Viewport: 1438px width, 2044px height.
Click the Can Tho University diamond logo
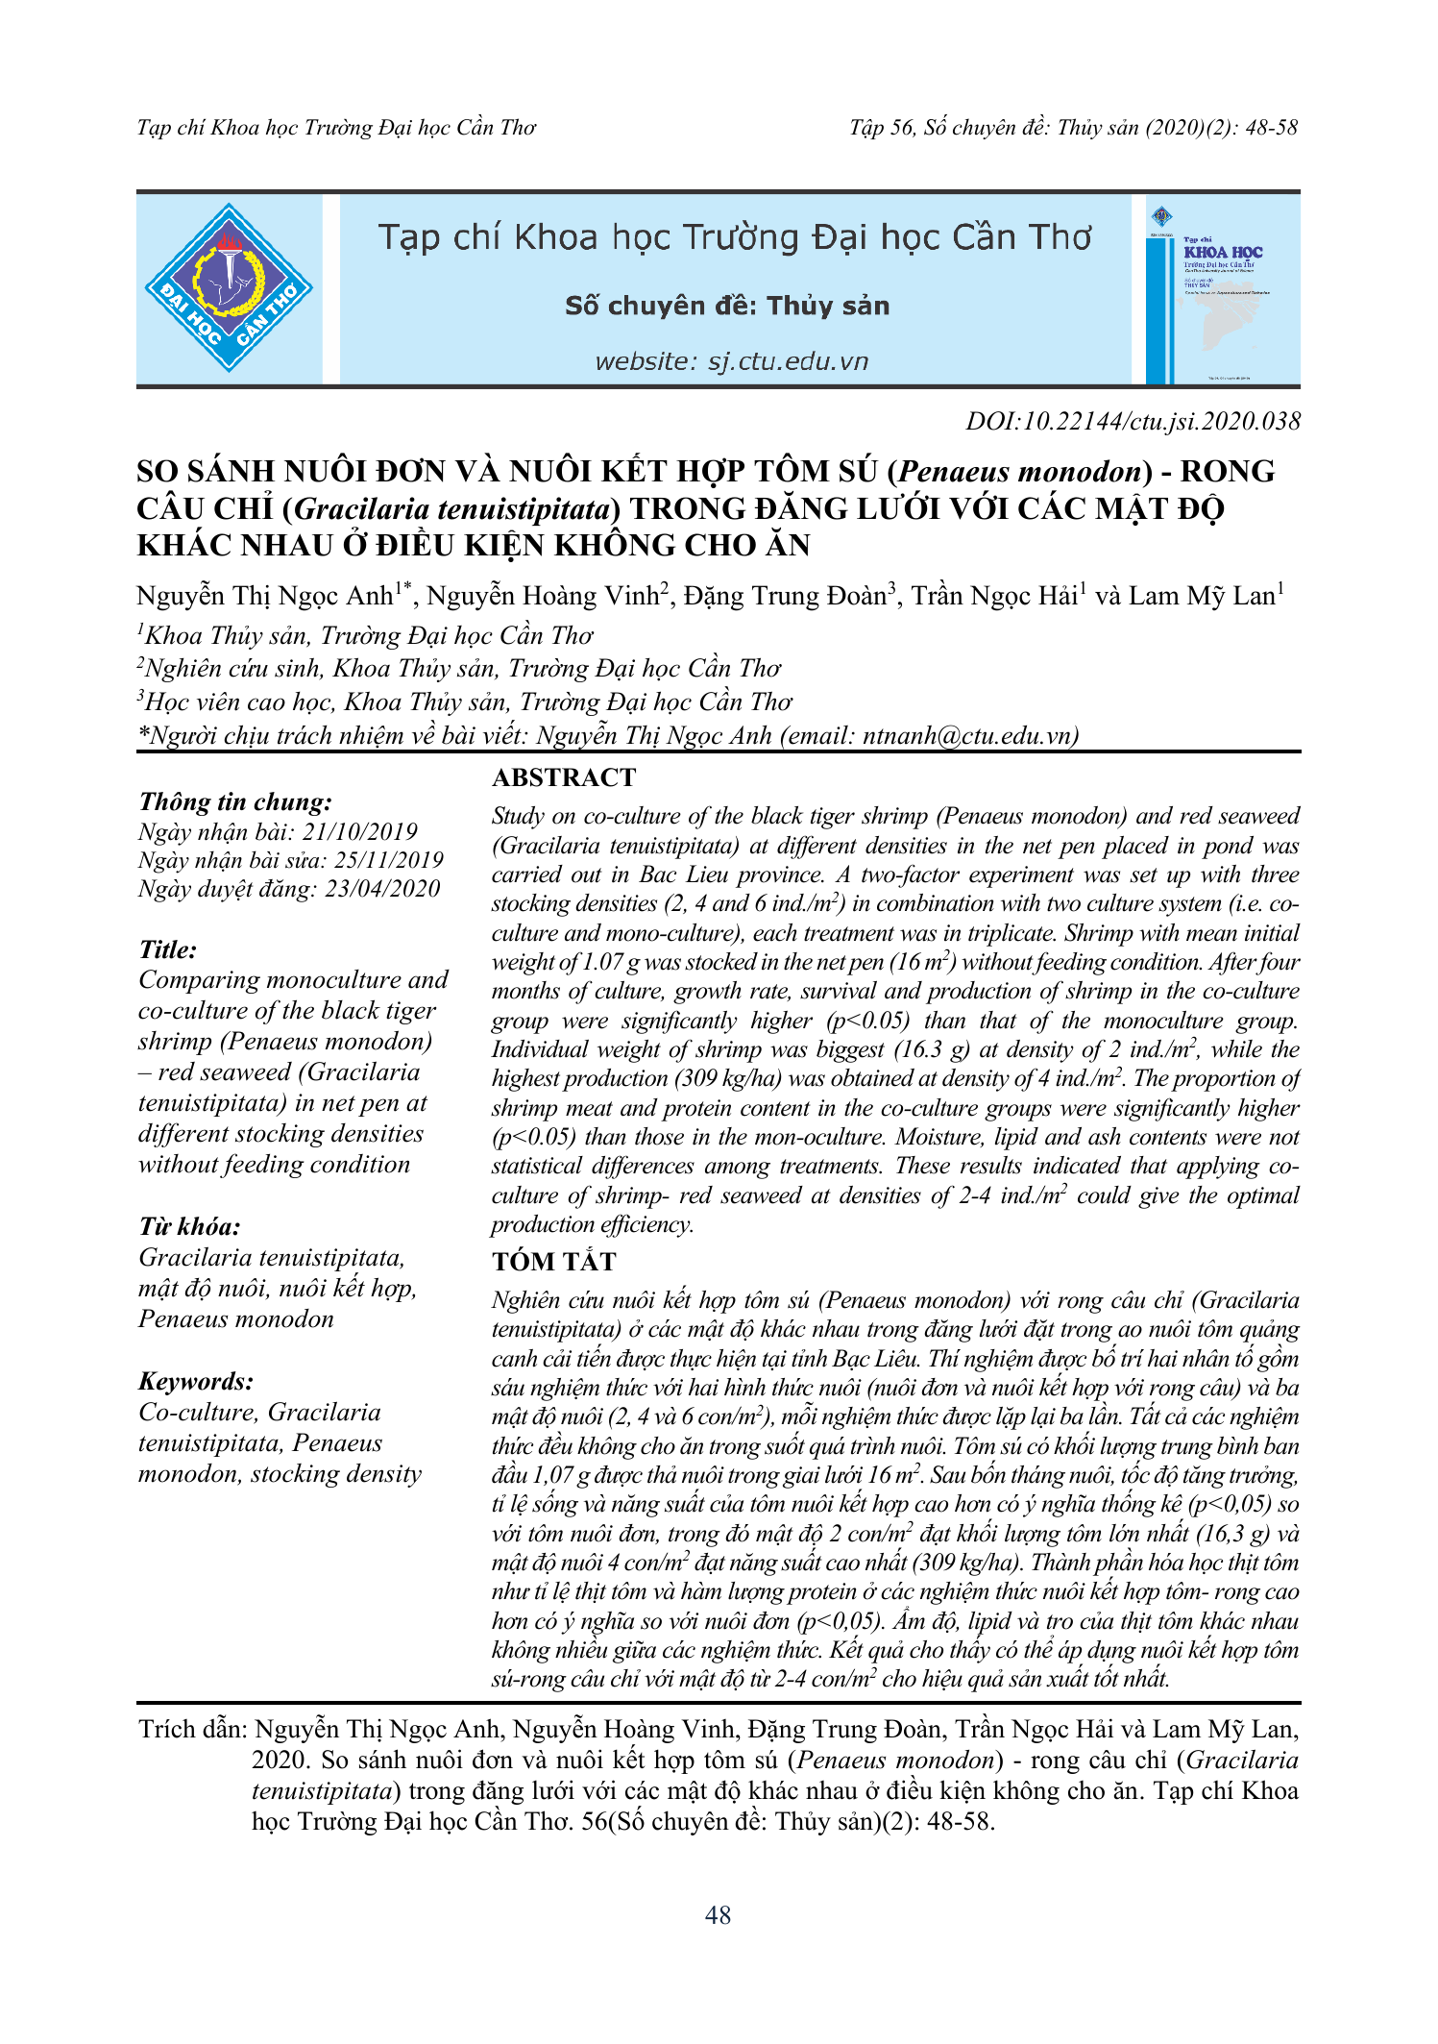coord(229,287)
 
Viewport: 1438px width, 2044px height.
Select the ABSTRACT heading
coord(564,777)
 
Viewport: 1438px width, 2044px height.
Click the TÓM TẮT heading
coord(554,1262)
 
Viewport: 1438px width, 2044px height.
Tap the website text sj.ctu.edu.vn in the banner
coord(788,361)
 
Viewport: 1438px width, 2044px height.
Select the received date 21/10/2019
coord(360,831)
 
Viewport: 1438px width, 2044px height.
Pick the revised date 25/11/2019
coord(388,860)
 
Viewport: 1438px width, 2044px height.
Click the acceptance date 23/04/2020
coord(382,889)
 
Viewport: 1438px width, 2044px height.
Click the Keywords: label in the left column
coord(196,1381)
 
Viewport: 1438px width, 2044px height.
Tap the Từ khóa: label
coord(189,1226)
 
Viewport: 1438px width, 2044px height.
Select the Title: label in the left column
coord(168,949)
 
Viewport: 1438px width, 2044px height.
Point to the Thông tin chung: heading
coord(235,801)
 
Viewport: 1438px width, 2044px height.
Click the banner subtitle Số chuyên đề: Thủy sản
coord(727,306)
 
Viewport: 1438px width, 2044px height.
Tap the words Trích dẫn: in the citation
coord(193,1730)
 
